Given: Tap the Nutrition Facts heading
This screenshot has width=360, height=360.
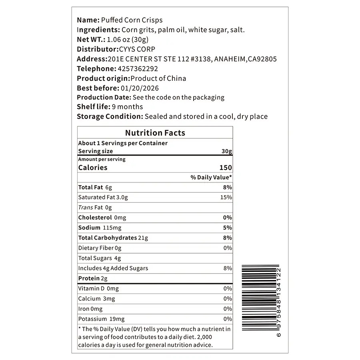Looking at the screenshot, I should pos(155,133).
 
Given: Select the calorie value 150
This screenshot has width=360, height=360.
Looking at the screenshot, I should pos(226,168).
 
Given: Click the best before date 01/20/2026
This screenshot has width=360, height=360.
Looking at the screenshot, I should pos(140,88).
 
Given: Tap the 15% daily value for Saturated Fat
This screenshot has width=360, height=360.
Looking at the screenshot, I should pos(226,197).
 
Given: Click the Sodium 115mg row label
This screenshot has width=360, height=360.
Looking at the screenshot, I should pos(100,228).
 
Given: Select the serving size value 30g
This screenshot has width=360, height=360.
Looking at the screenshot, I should pos(227,151).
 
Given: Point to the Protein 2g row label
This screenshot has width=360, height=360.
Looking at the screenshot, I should pos(93,278).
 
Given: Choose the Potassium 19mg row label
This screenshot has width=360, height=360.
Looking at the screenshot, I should pos(101,319).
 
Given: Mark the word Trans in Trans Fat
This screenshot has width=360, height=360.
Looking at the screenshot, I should pos(85,207).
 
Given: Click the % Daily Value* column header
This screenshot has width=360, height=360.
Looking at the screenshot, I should pos(211,177).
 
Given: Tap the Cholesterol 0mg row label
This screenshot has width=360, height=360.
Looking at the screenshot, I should pos(102,218).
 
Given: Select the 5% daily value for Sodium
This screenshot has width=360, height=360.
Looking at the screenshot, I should pos(228,228).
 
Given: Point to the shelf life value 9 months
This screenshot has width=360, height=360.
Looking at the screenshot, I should pos(128,107).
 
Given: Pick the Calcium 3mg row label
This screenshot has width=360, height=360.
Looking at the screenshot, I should pos(96,299).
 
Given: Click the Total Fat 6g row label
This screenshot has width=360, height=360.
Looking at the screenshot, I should pos(96,187).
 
